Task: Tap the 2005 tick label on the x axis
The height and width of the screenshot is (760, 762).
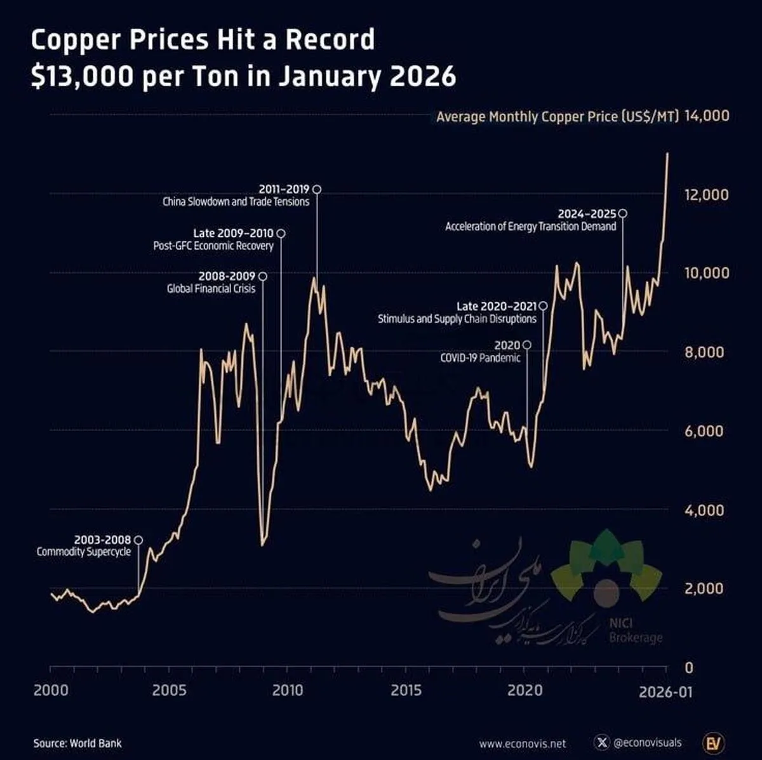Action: click(x=169, y=690)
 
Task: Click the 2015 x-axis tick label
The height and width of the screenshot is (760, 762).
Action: click(x=405, y=690)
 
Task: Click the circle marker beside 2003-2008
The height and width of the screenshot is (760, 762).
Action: click(x=138, y=540)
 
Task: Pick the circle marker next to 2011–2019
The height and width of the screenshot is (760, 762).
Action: click(x=317, y=189)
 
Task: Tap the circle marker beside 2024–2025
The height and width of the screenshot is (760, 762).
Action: click(x=623, y=213)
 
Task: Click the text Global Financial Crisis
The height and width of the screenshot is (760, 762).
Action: click(x=211, y=289)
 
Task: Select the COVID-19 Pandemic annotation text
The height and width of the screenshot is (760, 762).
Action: click(x=480, y=358)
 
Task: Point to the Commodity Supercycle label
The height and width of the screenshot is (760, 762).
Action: click(x=83, y=552)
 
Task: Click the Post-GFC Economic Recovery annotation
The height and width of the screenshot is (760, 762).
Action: click(x=213, y=246)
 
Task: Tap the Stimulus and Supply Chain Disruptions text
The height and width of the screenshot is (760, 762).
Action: click(x=457, y=319)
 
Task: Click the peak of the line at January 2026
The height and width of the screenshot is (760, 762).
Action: click(x=667, y=154)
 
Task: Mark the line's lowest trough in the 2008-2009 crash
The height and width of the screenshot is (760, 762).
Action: click(x=262, y=545)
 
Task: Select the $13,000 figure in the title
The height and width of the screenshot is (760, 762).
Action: click(x=82, y=77)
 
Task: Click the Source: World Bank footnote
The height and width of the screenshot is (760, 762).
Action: click(x=77, y=743)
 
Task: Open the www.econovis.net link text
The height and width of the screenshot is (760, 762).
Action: click(x=522, y=743)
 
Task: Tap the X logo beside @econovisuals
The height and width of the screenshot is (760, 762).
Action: click(x=601, y=742)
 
